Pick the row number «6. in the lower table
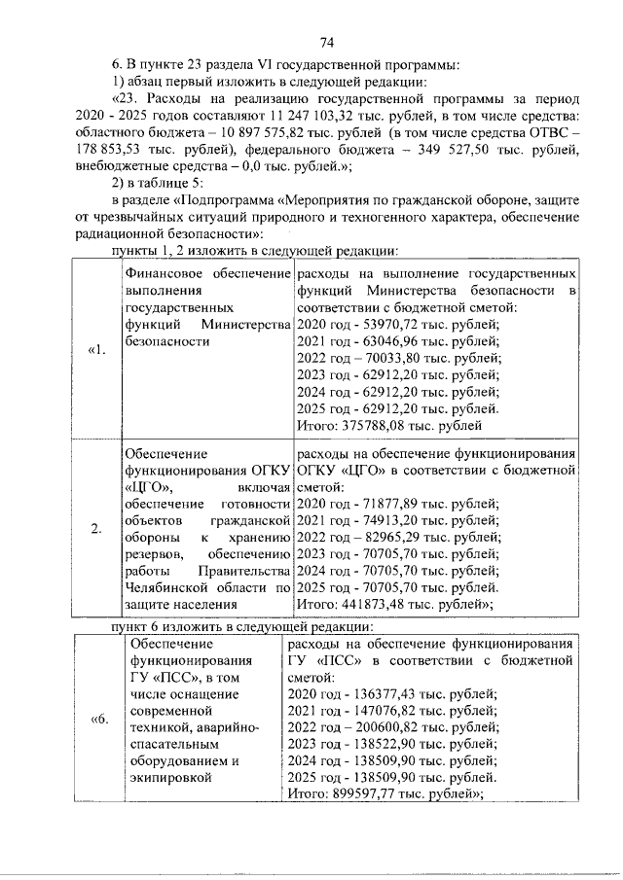tap(97, 719)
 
